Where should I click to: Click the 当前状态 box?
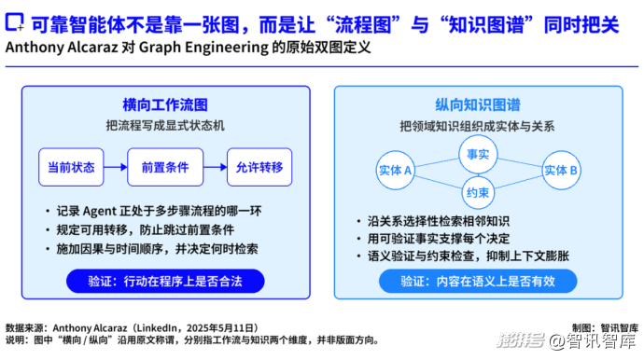71,167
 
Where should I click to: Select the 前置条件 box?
165,167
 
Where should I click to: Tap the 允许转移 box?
259,167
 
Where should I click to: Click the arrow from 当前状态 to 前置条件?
116,167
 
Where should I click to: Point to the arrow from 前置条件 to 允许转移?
216,167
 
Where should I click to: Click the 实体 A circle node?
396,170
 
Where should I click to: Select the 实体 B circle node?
561,170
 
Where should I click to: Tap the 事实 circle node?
478,154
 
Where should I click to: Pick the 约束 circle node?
478,192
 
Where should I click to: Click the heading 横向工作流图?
165,105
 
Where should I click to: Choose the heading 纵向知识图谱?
478,105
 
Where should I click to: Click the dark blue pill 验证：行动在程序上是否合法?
165,281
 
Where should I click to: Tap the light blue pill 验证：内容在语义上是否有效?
478,281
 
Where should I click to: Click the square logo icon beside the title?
14,22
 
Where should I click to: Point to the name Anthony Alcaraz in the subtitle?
62,48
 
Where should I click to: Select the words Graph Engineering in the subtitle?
203,48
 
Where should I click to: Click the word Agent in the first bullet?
100,212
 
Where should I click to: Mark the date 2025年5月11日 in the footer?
219,328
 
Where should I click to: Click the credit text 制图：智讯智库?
606,328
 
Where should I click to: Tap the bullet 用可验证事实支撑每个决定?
439,239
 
